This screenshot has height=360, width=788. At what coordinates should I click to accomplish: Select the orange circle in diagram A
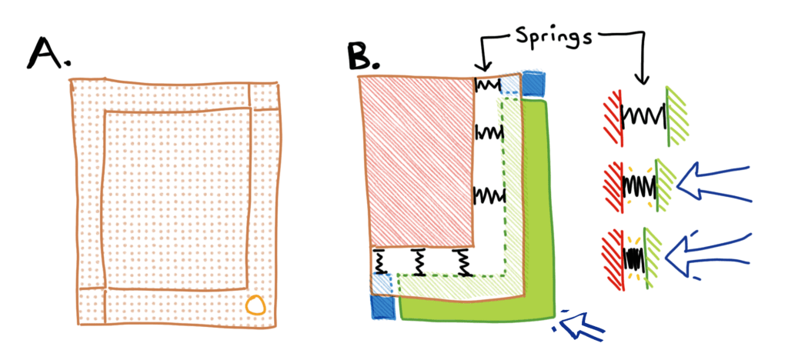[255, 307]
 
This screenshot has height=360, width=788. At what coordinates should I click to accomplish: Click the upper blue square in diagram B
[533, 82]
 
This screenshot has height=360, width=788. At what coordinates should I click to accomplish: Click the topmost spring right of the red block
[488, 85]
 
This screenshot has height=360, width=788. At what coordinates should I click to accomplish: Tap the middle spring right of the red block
[489, 133]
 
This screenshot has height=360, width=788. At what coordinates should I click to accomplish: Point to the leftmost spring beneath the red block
[379, 262]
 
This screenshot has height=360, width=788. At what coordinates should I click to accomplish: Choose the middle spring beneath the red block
[419, 262]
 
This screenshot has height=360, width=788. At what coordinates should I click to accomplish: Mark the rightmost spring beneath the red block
[462, 262]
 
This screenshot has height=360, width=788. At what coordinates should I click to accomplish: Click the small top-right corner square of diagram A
[264, 95]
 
